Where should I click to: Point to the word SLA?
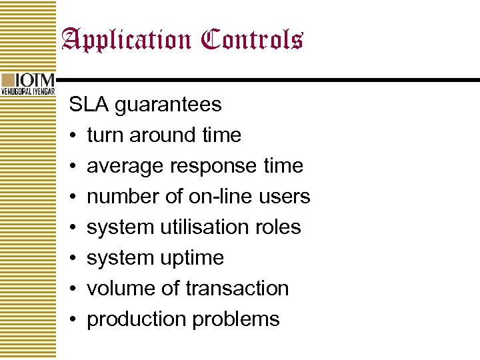pyautogui.click(x=89, y=104)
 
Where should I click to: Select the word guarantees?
pyautogui.click(x=168, y=105)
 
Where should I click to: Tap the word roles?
pyautogui.click(x=279, y=227)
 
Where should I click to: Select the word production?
pyautogui.click(x=137, y=319)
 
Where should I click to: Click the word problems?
pyautogui.click(x=236, y=319)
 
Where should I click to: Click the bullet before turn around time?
pyautogui.click(x=73, y=135)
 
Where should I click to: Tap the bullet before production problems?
pyautogui.click(x=73, y=319)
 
